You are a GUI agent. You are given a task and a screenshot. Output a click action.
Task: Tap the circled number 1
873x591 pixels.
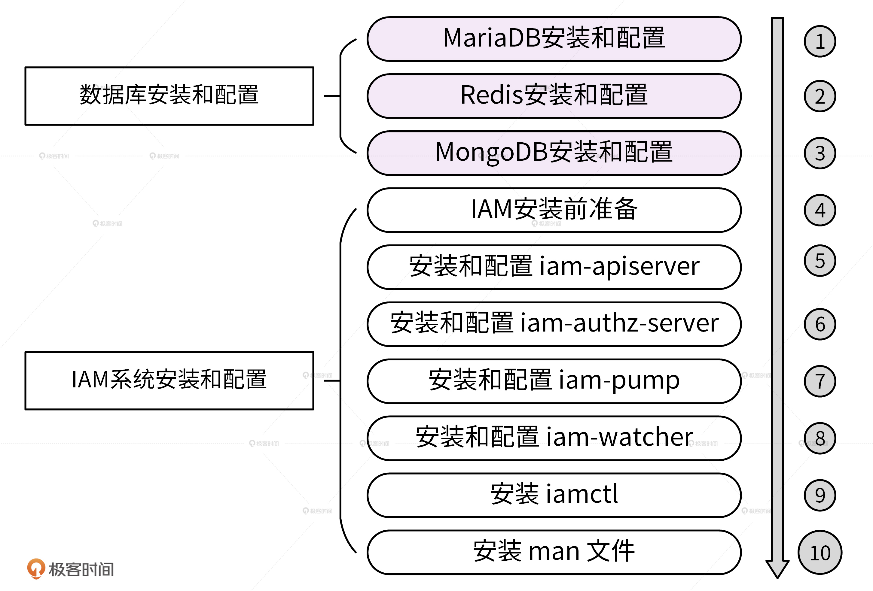tap(820, 41)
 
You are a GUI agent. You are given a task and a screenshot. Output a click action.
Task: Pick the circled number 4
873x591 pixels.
tap(820, 210)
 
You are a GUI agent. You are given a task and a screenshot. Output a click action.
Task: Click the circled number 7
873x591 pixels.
tap(820, 381)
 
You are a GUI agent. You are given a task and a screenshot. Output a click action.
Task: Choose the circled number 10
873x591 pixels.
tap(820, 552)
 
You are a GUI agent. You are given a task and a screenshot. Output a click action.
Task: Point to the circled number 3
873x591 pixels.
tap(820, 153)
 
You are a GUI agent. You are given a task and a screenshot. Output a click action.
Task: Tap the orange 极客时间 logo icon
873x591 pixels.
tap(36, 568)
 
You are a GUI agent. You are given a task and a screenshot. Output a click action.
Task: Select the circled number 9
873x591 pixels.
tap(820, 495)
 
